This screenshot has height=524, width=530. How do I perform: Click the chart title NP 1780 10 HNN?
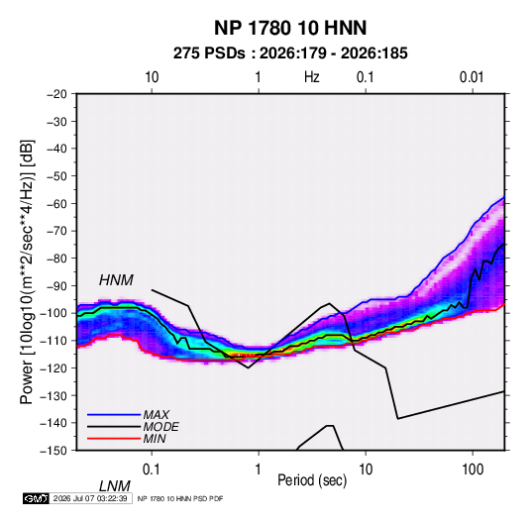290,28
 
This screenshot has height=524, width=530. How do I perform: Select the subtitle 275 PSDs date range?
290,53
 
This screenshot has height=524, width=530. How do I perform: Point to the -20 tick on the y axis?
56,94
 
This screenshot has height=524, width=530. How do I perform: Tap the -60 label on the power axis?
56,203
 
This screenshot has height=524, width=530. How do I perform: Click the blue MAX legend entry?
129,414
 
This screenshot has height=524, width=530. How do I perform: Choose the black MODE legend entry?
133,427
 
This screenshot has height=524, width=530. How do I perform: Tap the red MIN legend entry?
127,439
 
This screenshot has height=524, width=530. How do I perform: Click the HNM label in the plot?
116,280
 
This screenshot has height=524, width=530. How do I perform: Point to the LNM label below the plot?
114,486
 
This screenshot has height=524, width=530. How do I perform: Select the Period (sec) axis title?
312,480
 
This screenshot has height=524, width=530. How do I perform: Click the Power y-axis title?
27,271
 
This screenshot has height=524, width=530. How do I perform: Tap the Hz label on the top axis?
312,77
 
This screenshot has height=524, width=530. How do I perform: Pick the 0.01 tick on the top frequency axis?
472,77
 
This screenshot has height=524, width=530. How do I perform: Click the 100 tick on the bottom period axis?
473,470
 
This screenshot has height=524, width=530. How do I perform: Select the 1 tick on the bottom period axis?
259,470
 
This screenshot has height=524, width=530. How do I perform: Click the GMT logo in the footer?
37,498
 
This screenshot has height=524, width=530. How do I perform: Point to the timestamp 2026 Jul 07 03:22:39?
90,498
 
